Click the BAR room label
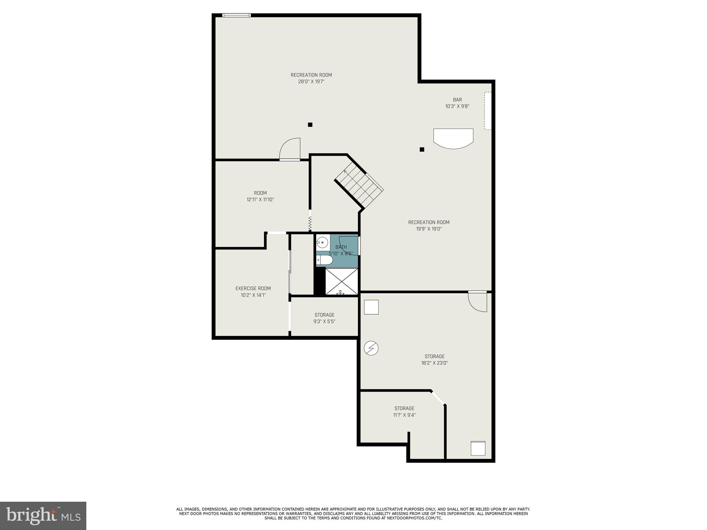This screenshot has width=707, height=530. pyautogui.click(x=457, y=100)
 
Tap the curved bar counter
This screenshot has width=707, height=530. pyautogui.click(x=453, y=138)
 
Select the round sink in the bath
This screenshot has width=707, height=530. pyautogui.click(x=322, y=243)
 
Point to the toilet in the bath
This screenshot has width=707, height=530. pyautogui.click(x=325, y=260)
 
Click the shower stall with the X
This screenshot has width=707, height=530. pyautogui.click(x=341, y=282)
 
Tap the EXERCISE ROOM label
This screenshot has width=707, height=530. pyautogui.click(x=253, y=288)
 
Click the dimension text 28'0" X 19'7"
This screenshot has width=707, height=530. pyautogui.click(x=311, y=82)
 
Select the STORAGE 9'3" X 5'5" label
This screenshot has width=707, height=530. pyautogui.click(x=324, y=318)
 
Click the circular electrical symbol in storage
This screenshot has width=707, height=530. pyautogui.click(x=371, y=348)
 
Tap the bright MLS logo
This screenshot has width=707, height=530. pyautogui.click(x=43, y=516)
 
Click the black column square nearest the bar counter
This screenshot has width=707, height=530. pyautogui.click(x=422, y=149)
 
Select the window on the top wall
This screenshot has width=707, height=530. pyautogui.click(x=236, y=15)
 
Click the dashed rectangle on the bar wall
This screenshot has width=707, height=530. pyautogui.click(x=487, y=111)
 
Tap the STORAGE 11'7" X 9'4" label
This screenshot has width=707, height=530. pyautogui.click(x=404, y=412)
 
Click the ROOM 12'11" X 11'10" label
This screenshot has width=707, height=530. pyautogui.click(x=260, y=196)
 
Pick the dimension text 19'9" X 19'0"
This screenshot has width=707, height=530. pyautogui.click(x=429, y=229)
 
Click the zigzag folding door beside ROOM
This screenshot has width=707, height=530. pyautogui.click(x=310, y=224)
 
